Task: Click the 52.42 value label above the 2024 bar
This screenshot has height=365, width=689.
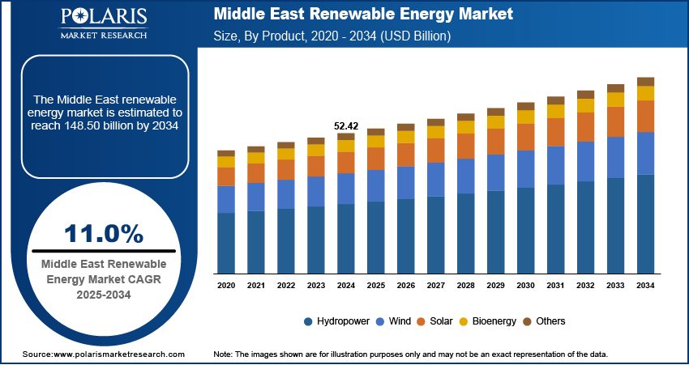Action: tap(346, 125)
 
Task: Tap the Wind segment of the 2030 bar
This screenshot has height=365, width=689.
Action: tap(526, 168)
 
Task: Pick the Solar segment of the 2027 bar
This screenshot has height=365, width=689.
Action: tap(436, 150)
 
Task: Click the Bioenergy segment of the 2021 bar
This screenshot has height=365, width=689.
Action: tap(256, 158)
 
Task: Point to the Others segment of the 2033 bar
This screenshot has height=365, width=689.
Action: tap(615, 87)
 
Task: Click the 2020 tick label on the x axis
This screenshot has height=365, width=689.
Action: tap(226, 286)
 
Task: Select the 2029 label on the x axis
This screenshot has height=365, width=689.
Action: tap(496, 286)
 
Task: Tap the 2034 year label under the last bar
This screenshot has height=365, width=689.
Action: tap(645, 286)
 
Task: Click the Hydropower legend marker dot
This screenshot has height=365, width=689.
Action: tap(309, 321)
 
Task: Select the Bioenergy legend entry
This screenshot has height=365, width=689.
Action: tap(493, 321)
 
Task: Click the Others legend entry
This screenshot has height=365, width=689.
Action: tap(550, 321)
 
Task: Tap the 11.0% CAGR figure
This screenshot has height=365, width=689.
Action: tap(103, 234)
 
